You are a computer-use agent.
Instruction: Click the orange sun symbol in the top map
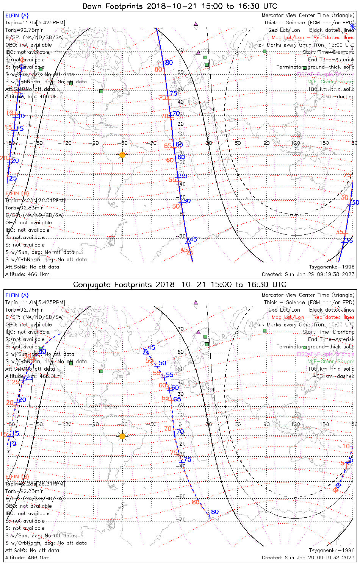click(x=122, y=154)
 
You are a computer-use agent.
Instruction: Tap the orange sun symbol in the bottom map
click(x=122, y=436)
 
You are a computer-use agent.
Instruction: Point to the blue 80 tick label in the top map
click(x=169, y=62)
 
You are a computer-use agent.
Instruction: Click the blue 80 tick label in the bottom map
click(x=215, y=512)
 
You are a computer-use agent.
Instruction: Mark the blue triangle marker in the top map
click(x=187, y=241)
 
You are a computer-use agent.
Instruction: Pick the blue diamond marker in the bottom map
click(x=338, y=485)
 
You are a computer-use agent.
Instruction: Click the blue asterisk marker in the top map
click(x=352, y=26)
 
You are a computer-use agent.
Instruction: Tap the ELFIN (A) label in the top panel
click(x=17, y=16)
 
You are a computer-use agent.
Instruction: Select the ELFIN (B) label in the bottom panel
click(x=17, y=476)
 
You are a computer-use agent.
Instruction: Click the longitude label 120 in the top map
click(x=295, y=143)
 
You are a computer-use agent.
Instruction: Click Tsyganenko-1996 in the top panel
click(x=332, y=267)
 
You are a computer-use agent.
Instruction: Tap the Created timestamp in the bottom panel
click(x=308, y=557)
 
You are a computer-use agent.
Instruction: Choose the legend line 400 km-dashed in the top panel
click(x=331, y=97)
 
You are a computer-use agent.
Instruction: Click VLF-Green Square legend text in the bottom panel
click(x=331, y=362)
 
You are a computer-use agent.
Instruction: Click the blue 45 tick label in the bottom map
click(x=152, y=348)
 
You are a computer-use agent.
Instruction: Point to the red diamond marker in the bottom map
click(x=335, y=490)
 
